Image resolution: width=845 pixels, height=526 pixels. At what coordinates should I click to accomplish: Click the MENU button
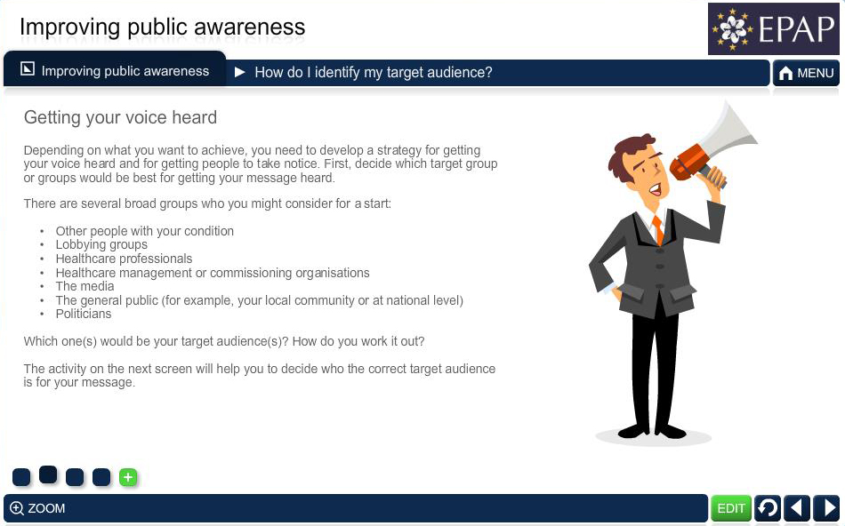pos(806,73)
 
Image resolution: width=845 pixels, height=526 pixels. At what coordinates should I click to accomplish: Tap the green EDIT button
pos(731,508)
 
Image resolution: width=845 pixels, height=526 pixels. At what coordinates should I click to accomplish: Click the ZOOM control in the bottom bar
pos(37,508)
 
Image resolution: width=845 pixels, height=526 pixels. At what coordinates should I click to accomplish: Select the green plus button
pos(128,477)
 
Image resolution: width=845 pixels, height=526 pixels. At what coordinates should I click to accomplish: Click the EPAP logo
pos(773,29)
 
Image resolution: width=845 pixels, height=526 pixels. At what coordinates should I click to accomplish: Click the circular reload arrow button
pos(768,508)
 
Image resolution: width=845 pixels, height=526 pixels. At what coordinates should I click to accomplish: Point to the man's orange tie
pos(658,230)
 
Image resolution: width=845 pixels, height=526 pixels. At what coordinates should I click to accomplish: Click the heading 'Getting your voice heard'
pos(120,117)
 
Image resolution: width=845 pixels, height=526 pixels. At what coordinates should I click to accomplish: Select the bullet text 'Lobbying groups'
pos(101,245)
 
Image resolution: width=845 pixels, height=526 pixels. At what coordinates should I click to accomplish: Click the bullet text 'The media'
pos(84,286)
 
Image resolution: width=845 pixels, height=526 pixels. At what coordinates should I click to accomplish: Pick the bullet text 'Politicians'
pos(84,314)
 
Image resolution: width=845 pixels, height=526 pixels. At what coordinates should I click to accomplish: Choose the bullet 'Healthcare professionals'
pos(124,259)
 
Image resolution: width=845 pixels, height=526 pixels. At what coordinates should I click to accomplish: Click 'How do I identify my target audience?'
pos(374,72)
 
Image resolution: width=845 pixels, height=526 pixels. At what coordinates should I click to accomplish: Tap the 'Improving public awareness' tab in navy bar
pos(115,70)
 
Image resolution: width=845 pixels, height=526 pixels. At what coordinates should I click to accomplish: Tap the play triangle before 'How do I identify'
pos(240,72)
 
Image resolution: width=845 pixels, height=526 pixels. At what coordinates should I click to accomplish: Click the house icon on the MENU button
pos(785,73)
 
